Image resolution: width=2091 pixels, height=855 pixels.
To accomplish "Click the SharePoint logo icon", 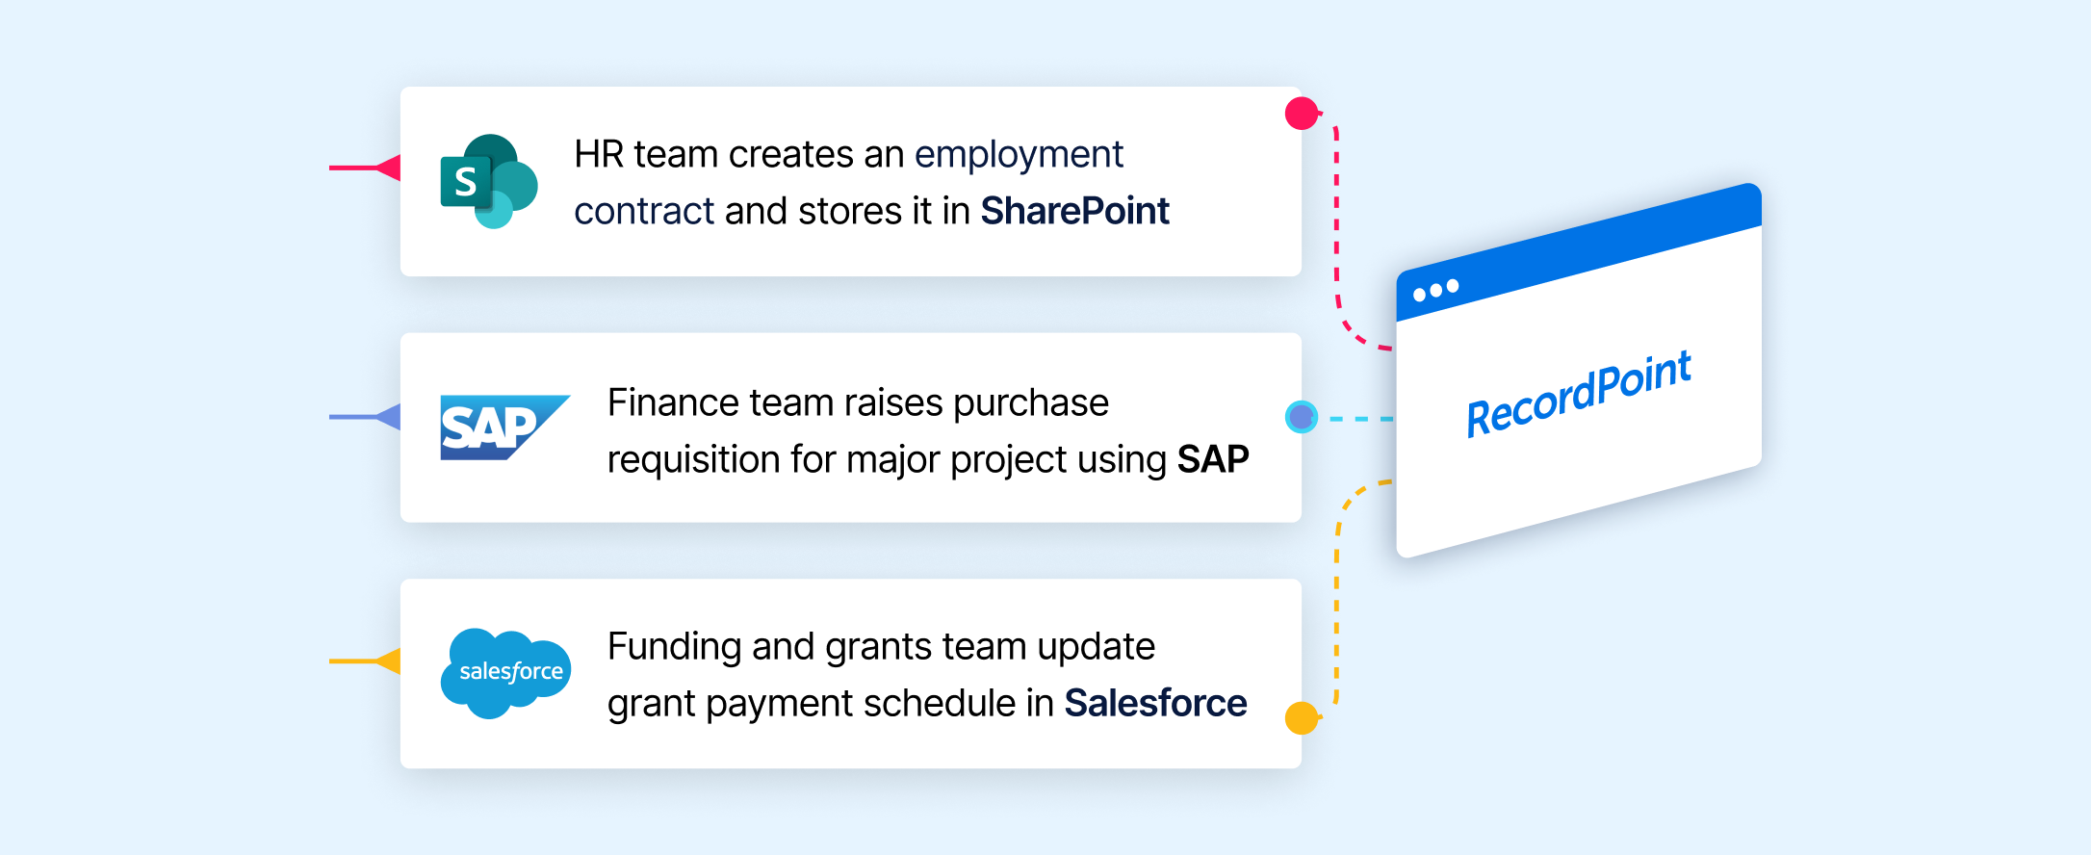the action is click(x=489, y=181).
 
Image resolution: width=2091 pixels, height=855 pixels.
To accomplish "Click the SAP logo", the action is click(x=504, y=427).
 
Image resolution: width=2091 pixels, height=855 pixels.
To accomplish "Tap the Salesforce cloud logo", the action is click(x=505, y=673).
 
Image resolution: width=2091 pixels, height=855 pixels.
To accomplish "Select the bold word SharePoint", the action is click(x=1074, y=211).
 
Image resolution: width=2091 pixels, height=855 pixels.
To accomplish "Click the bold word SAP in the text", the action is click(x=1213, y=459).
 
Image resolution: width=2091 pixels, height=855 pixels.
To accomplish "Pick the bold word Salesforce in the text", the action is click(x=1155, y=703).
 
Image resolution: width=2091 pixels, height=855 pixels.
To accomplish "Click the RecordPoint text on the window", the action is click(x=1579, y=394).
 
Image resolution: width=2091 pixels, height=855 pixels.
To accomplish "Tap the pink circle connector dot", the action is click(x=1302, y=114).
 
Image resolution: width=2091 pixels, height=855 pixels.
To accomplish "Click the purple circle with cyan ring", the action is click(x=1302, y=417).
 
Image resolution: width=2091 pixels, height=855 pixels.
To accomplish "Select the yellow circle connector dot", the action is click(x=1302, y=718).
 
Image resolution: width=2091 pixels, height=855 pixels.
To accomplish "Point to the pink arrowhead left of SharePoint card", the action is click(x=388, y=168).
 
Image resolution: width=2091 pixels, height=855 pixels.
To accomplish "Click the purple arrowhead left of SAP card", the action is click(x=388, y=417).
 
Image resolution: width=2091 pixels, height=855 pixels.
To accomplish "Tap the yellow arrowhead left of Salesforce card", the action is click(x=388, y=661).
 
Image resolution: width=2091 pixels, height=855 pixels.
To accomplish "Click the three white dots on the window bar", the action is click(x=1435, y=290).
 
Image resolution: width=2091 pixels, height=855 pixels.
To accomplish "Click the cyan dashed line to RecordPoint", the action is click(x=1361, y=419).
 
